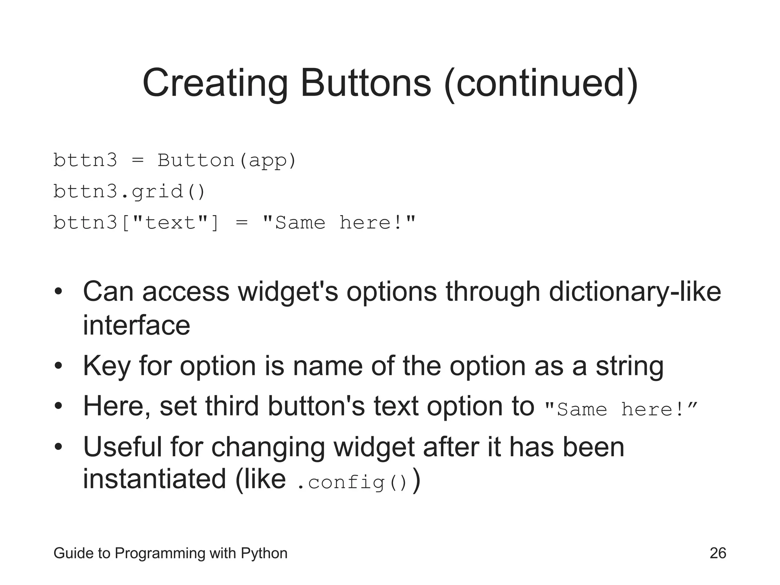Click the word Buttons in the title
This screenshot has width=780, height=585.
click(x=366, y=83)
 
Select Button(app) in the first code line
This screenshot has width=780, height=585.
click(x=227, y=160)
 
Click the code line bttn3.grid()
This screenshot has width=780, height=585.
click(x=129, y=192)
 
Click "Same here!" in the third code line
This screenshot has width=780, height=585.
click(x=339, y=222)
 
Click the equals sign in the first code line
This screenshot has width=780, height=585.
click(x=137, y=160)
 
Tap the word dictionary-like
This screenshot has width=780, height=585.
click(x=635, y=292)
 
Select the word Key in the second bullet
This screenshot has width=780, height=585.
click(x=106, y=366)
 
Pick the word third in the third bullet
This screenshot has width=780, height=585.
click(x=232, y=406)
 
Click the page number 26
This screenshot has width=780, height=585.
click(x=718, y=553)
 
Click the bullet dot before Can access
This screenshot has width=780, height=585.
click(x=58, y=292)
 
